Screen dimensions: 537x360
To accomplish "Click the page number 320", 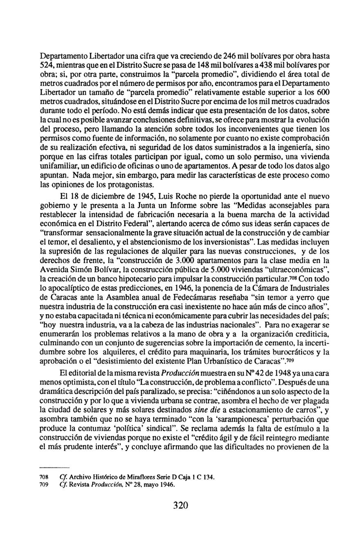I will (x=180, y=505).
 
